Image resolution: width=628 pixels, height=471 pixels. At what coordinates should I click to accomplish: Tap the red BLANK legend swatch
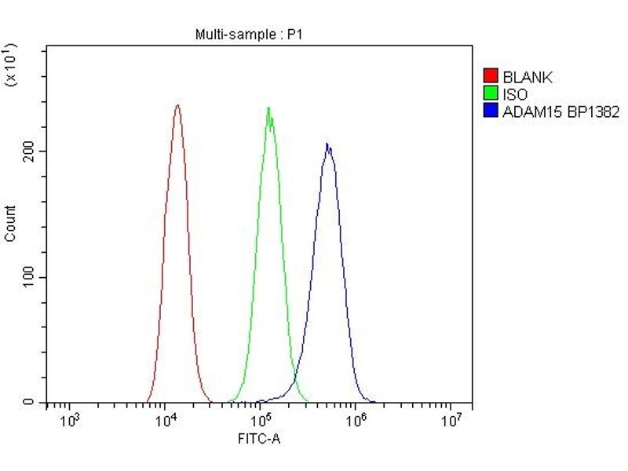pos(491,76)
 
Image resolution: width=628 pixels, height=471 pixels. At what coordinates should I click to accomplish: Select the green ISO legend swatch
pos(491,94)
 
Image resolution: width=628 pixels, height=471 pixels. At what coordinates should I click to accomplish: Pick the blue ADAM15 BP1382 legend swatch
pos(491,111)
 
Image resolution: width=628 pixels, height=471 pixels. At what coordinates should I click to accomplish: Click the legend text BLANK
pos(528,77)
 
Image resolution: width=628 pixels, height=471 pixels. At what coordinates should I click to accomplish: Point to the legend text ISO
pos(516,94)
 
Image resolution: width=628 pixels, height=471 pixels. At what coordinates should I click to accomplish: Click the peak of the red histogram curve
pos(177,105)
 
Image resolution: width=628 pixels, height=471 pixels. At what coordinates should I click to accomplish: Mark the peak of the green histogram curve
pos(268,108)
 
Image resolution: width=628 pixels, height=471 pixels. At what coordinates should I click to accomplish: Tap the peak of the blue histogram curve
pos(327,144)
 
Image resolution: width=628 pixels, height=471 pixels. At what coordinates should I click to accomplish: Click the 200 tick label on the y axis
pos(28,151)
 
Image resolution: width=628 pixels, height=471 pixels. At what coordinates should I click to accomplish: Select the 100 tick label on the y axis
pos(28,277)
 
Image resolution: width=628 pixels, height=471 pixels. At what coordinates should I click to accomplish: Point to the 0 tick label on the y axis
pos(28,403)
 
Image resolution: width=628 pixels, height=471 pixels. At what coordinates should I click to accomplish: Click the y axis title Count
pos(10,223)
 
